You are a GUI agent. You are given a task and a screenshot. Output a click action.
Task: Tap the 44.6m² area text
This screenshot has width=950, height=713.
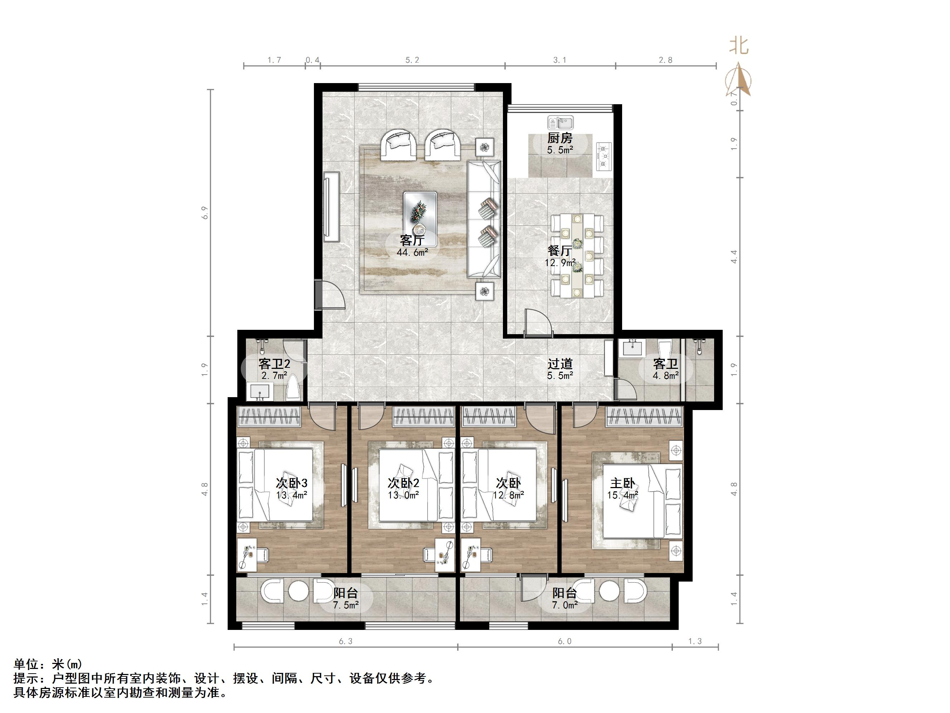(412, 252)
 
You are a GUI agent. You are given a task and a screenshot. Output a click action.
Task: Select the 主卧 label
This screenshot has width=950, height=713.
(622, 483)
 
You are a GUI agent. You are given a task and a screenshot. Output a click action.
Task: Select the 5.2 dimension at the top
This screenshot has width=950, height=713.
(412, 60)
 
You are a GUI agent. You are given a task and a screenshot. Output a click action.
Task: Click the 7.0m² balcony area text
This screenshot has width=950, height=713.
(565, 605)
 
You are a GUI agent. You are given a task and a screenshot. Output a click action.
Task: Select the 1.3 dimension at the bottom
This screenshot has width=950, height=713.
(694, 641)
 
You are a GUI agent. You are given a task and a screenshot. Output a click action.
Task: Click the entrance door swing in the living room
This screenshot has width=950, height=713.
(332, 295)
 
